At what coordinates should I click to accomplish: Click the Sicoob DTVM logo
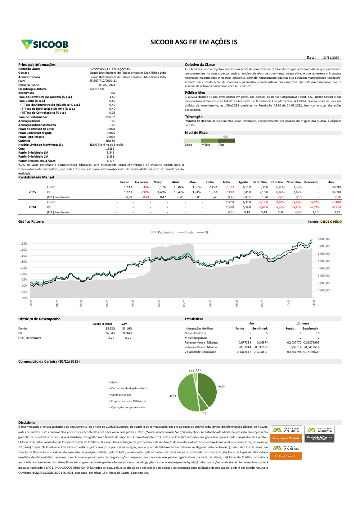(45, 46)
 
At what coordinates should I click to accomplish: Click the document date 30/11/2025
(331, 58)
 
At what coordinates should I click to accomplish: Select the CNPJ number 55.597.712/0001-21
(103, 81)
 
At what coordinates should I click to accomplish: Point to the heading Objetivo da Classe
(200, 65)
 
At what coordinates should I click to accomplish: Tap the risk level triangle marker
(225, 137)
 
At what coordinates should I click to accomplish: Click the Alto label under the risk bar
(221, 145)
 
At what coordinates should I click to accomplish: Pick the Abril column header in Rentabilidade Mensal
(175, 182)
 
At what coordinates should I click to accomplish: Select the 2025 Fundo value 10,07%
(179, 187)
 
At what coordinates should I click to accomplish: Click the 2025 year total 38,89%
(336, 187)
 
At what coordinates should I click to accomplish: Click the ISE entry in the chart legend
(206, 232)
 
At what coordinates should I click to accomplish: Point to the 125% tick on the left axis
(24, 244)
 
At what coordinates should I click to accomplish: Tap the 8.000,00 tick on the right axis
(324, 239)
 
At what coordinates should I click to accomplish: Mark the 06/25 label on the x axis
(184, 303)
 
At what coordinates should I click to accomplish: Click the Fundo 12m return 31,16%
(127, 329)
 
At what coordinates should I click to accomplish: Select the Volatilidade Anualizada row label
(200, 352)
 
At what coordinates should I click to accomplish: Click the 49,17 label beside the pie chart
(173, 396)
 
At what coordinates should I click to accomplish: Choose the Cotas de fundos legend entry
(121, 395)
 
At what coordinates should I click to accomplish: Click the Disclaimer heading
(27, 423)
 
